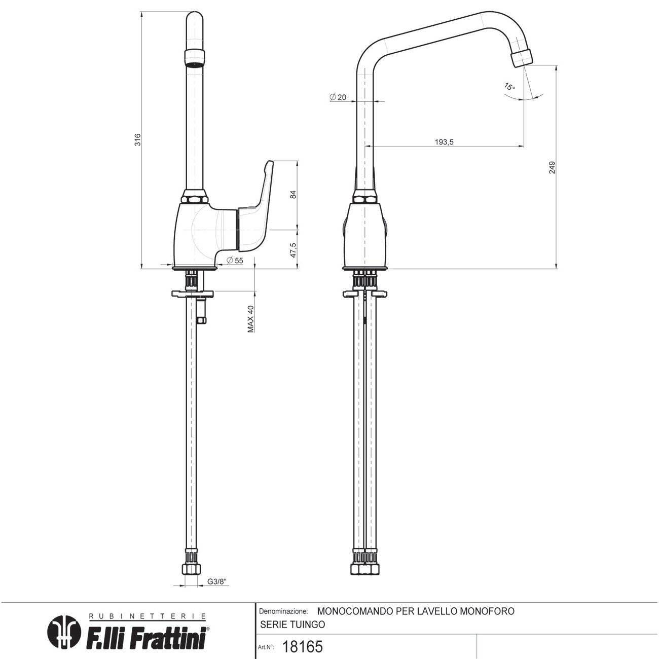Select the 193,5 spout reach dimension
[x=444, y=142]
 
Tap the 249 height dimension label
[x=552, y=168]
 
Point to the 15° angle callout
[x=509, y=87]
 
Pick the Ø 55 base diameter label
[x=235, y=260]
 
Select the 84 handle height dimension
[x=293, y=195]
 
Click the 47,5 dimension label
[x=293, y=250]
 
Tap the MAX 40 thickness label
[x=250, y=319]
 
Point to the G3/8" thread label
[x=216, y=582]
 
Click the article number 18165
[x=302, y=647]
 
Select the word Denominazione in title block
[x=283, y=612]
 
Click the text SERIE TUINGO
[x=292, y=625]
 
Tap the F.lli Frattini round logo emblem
[x=64, y=632]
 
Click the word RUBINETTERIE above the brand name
[x=148, y=616]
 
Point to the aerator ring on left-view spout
[x=195, y=57]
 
